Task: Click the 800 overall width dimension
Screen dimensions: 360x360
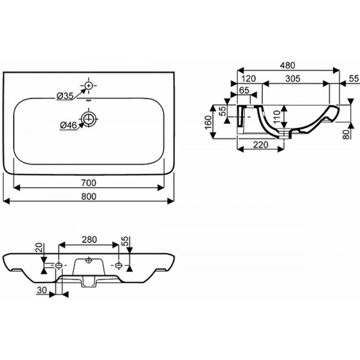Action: (89, 197)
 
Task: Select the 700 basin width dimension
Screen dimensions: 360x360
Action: (89, 183)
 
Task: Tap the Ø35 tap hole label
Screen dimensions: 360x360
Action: (65, 96)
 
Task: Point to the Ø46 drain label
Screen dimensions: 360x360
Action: (68, 126)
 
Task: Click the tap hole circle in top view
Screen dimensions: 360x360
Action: (89, 85)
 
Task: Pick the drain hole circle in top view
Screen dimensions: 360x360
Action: (89, 119)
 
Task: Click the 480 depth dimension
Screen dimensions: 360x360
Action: (288, 65)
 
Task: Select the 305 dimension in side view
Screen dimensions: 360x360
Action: (293, 78)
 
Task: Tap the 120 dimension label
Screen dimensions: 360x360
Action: (248, 78)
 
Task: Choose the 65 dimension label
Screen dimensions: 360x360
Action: (244, 90)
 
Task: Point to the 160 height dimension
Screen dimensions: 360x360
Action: (208, 122)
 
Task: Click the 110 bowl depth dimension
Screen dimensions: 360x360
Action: (277, 117)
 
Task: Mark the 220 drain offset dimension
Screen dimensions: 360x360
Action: (261, 145)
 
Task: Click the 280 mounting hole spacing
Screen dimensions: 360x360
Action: (89, 240)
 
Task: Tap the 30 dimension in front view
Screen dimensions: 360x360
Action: (42, 290)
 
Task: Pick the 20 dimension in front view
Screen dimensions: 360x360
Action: (40, 248)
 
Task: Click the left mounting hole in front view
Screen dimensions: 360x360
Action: (59, 265)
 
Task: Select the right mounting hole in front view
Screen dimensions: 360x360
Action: (118, 265)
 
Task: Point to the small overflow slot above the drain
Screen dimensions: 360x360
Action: (89, 100)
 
